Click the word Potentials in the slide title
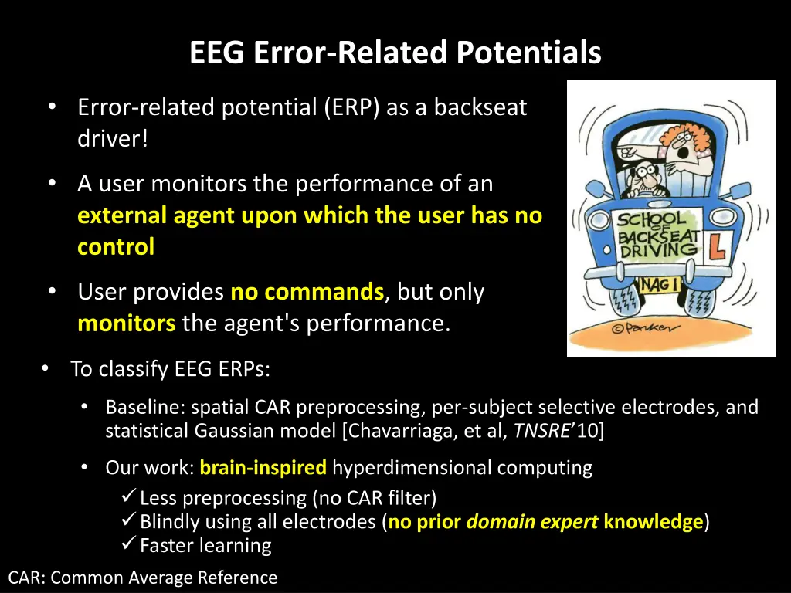528,53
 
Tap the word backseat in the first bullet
480,107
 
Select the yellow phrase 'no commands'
307,292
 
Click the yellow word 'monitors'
126,323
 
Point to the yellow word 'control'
116,247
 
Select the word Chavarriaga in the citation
402,430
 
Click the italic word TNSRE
541,430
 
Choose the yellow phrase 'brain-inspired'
263,468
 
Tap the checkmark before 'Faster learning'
130,545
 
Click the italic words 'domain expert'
532,522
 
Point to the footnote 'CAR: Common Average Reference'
142,578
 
